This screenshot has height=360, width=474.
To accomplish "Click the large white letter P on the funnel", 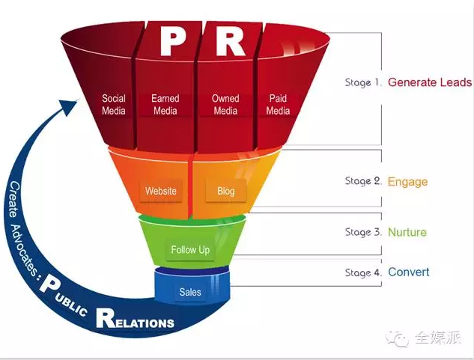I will [x=171, y=42].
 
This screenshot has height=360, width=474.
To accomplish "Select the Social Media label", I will [x=114, y=105].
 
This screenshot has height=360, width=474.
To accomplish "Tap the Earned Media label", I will [x=165, y=105].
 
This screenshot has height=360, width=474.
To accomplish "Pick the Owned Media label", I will [x=225, y=105].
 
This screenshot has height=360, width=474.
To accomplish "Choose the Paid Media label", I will [x=278, y=105].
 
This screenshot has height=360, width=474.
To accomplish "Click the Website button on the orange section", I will [x=161, y=191].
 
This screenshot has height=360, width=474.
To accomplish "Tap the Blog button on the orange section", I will [x=225, y=191].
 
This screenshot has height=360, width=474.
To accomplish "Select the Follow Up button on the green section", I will [x=190, y=250].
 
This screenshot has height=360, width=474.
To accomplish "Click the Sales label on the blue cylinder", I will [x=190, y=292].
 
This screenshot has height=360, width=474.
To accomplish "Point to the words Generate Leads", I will [x=430, y=82].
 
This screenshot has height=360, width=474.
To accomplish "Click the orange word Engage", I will [x=408, y=181].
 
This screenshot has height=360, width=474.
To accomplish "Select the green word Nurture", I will [x=407, y=232].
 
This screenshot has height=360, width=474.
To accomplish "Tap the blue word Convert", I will [x=409, y=272].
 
